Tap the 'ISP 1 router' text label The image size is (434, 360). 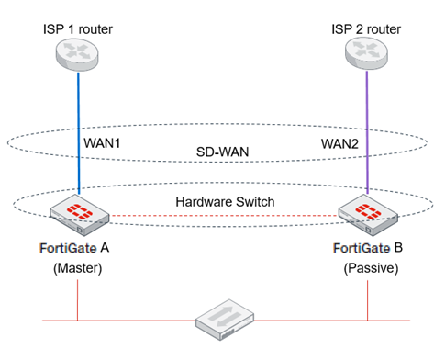pos(78,28)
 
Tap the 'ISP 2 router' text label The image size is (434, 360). pos(365,28)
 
